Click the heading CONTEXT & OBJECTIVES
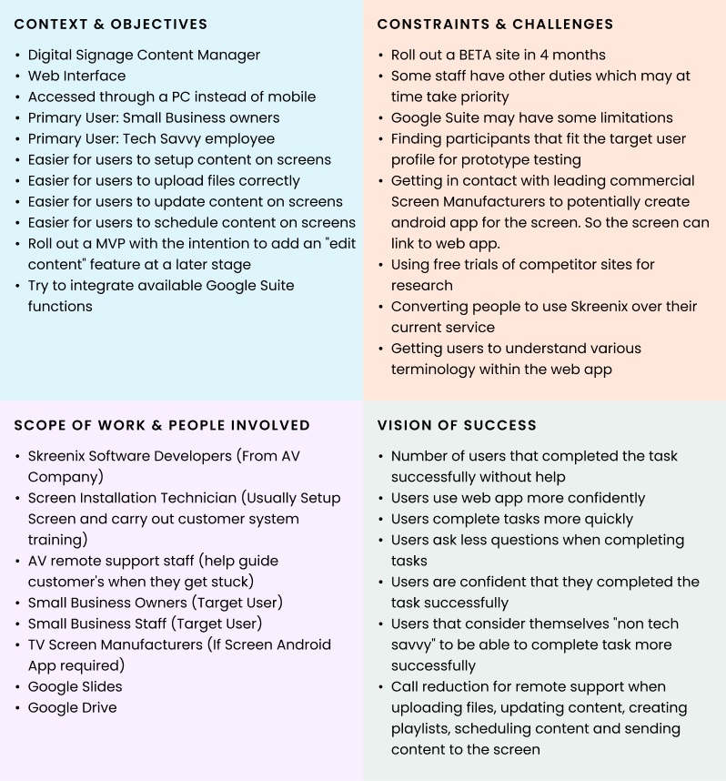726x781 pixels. pos(111,25)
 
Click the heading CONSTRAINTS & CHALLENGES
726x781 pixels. pos(495,25)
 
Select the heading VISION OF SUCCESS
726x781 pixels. pos(457,425)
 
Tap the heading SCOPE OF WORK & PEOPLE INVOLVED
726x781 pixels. pos(162,425)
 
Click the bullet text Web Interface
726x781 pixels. pos(76,76)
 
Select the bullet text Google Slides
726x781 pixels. pos(75,686)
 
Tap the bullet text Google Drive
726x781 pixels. pos(72,707)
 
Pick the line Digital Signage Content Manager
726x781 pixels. pos(144,55)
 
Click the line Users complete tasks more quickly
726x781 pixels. pos(511,519)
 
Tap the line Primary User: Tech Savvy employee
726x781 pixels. pos(151,138)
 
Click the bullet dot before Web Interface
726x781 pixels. pos(18,76)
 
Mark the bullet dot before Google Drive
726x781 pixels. pos(18,708)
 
